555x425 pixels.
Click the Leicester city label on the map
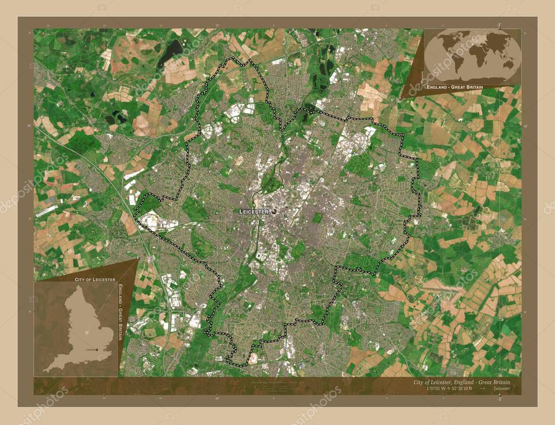[254, 212]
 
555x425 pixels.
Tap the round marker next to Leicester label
[274, 211]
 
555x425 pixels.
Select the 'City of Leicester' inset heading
[95, 279]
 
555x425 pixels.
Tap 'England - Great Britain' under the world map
[454, 87]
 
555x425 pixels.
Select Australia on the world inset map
[507, 65]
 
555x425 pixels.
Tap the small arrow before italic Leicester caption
[482, 389]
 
